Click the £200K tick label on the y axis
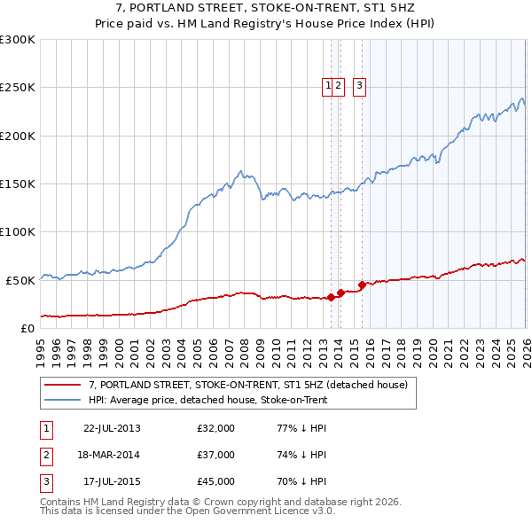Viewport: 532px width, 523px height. [18, 136]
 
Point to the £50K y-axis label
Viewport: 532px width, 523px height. [20, 280]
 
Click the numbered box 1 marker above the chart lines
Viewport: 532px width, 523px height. [329, 86]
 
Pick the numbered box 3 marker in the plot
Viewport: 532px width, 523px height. [360, 86]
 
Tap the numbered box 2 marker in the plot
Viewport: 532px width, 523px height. [340, 86]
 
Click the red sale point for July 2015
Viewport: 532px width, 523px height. [362, 285]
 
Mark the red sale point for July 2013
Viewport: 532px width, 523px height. [331, 297]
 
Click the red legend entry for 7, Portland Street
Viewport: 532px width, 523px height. [247, 385]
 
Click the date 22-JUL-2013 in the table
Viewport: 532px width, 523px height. [112, 428]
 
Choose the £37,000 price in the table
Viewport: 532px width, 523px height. [216, 455]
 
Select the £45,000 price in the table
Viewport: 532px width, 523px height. [216, 481]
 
